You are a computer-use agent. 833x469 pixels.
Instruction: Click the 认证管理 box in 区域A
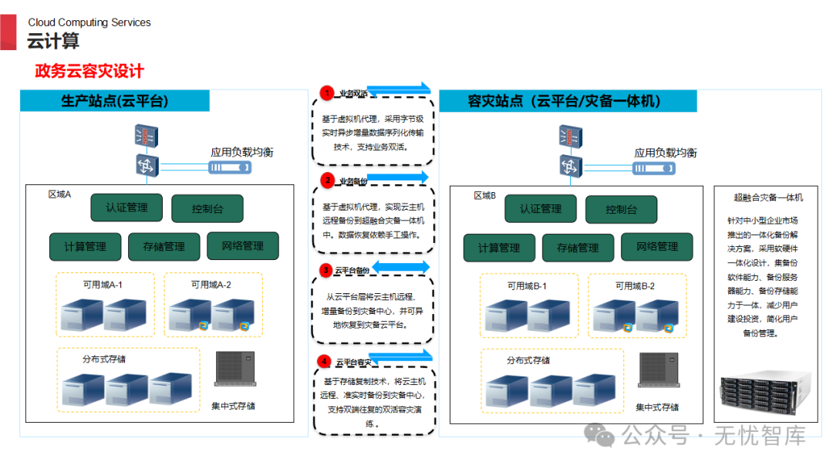(x=127, y=208)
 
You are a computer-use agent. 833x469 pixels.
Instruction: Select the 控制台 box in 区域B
(x=621, y=210)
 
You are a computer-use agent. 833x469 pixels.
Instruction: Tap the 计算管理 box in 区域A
(x=86, y=247)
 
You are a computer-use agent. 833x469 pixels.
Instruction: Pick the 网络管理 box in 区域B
(x=657, y=247)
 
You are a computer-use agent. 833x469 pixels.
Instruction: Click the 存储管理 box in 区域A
(x=164, y=247)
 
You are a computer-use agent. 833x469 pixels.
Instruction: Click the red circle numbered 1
(x=327, y=93)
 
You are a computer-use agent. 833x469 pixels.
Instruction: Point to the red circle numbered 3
(x=327, y=271)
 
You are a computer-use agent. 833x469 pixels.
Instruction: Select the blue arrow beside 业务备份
(x=397, y=177)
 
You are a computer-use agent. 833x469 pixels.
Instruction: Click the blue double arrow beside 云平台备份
(x=401, y=268)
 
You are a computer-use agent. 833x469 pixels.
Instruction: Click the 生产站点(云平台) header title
(x=115, y=101)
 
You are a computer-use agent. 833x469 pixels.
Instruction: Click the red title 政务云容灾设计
(x=89, y=72)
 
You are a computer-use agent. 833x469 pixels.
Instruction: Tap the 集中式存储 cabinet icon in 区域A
(x=234, y=369)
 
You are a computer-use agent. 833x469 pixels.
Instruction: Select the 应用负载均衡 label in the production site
(x=241, y=152)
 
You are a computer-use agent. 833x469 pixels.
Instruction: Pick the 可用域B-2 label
(x=635, y=286)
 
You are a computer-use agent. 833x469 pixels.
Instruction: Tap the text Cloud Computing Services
(x=89, y=22)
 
